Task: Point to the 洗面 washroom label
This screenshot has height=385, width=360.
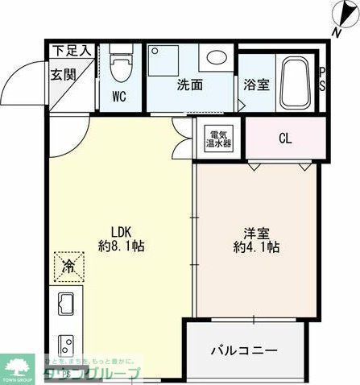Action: (x=189, y=84)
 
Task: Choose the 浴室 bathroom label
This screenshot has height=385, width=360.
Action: (x=255, y=84)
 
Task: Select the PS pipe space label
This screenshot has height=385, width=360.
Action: (x=323, y=79)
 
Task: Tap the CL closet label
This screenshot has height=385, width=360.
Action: (x=285, y=138)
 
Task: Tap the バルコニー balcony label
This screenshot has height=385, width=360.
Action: (x=245, y=351)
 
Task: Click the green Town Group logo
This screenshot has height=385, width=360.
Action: (x=17, y=364)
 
